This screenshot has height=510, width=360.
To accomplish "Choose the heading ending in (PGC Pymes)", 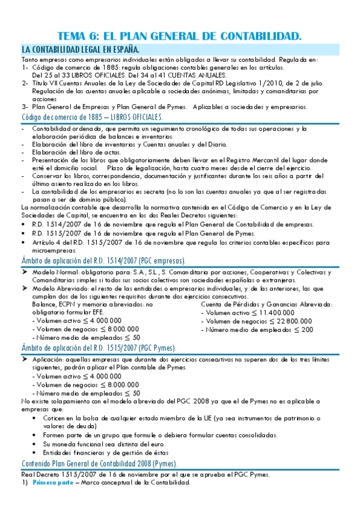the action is click(x=99, y=348).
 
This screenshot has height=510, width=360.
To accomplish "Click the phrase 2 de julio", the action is click(x=291, y=83).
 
